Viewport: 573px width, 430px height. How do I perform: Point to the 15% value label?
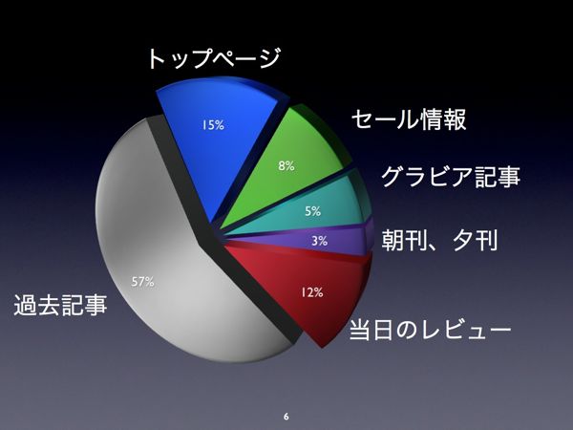tap(213, 125)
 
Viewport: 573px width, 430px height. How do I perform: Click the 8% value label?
tap(286, 166)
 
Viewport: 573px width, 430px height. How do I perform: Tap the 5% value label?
tap(313, 211)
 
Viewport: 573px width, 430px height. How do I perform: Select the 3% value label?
tap(319, 241)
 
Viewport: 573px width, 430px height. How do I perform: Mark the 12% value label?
tap(312, 292)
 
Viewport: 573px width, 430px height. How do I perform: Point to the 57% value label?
tap(142, 282)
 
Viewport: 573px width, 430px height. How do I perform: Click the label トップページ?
tap(214, 58)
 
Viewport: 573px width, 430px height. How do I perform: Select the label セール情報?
tap(409, 119)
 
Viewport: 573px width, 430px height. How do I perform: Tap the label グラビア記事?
tap(451, 177)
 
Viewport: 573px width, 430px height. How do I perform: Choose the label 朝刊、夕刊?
tap(439, 240)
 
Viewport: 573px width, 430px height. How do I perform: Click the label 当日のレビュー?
tap(430, 330)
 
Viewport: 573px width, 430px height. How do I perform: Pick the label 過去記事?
tap(61, 305)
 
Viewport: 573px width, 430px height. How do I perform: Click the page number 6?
tap(286, 417)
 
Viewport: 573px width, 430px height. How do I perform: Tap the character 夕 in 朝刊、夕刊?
tap(463, 240)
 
